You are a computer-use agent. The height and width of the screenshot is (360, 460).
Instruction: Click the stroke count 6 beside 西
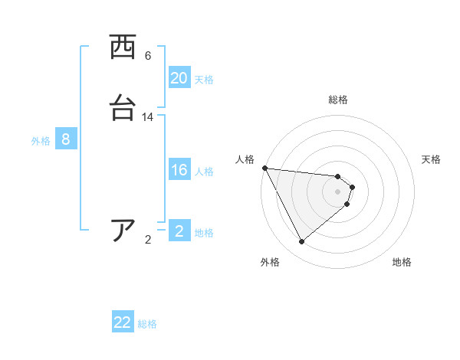point(148,56)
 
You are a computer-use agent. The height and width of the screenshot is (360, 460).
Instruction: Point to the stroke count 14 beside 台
point(148,117)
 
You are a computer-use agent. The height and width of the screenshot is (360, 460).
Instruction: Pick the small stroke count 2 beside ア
point(148,240)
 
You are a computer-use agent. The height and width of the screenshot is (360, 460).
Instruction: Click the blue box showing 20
point(179,78)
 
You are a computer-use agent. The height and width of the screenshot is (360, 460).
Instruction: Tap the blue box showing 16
point(179,170)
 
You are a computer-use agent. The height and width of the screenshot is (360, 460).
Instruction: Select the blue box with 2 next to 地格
point(179,231)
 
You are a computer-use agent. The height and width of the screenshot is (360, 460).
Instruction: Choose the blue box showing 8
point(66,139)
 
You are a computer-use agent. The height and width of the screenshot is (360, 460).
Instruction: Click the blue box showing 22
point(123,322)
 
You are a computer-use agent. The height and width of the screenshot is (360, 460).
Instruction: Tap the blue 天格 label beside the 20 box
point(204,79)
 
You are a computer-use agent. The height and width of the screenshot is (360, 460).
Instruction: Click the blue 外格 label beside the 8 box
point(41,140)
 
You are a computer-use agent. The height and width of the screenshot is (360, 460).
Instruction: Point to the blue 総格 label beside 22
point(147,324)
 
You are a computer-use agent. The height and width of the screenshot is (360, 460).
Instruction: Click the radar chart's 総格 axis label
point(338,100)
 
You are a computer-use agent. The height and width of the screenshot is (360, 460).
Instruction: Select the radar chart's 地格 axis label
point(402,262)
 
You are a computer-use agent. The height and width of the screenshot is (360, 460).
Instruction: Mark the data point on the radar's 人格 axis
point(264,168)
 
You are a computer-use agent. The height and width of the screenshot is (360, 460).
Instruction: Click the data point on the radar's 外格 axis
point(301,242)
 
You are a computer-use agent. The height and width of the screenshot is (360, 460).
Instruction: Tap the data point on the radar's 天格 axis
point(352,186)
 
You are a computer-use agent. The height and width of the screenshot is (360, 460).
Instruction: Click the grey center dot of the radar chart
point(338,191)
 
